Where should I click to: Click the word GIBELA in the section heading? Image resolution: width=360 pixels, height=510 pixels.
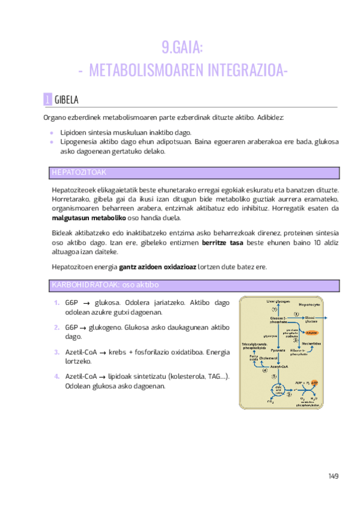click(x=67, y=99)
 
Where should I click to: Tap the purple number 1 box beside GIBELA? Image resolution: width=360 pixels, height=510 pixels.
click(x=47, y=99)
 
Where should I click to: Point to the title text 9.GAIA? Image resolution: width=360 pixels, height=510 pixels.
click(x=183, y=48)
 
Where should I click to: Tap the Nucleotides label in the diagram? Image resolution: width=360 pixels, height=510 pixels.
click(x=311, y=343)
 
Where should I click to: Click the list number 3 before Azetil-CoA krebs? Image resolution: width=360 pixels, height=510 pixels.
click(x=56, y=352)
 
